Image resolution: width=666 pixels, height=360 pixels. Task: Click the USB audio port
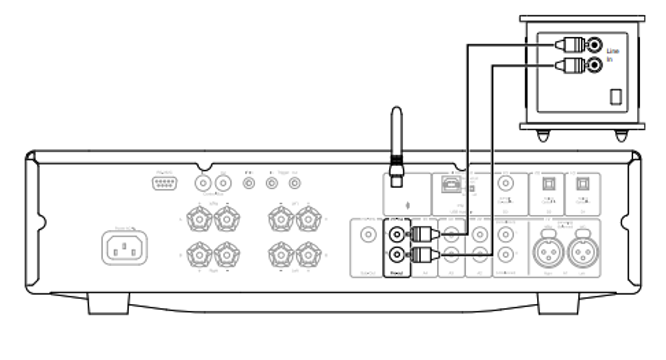[x=450, y=184]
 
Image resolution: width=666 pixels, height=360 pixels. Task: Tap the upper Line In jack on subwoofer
[x=595, y=45]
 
